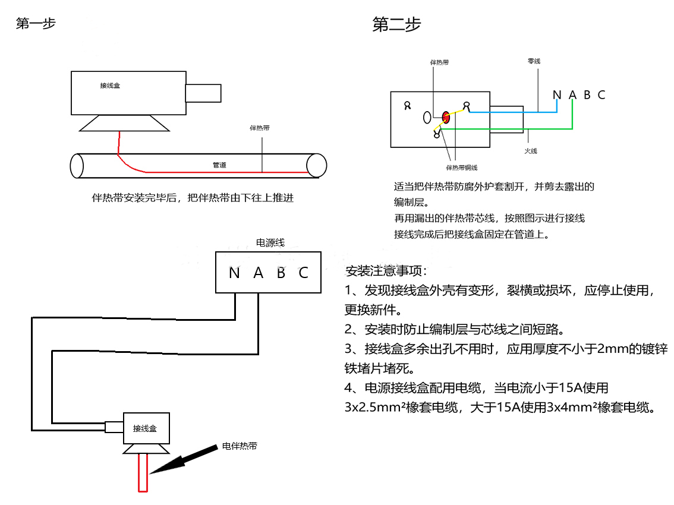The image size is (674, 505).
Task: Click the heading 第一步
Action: pyautogui.click(x=36, y=24)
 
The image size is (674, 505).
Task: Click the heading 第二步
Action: pyautogui.click(x=396, y=24)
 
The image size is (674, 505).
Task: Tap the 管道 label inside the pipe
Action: pyautogui.click(x=219, y=165)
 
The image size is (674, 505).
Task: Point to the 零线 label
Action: pyautogui.click(x=534, y=61)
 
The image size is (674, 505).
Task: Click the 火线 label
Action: pyautogui.click(x=531, y=151)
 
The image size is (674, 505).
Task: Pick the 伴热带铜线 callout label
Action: pyautogui.click(x=462, y=168)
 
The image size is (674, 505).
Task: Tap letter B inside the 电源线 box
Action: pyautogui.click(x=281, y=273)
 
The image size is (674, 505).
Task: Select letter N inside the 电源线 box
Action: pyautogui.click(x=234, y=273)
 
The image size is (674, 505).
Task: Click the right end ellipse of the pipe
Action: pyautogui.click(x=316, y=165)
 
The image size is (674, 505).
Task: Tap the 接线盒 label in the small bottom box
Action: pyautogui.click(x=145, y=428)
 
